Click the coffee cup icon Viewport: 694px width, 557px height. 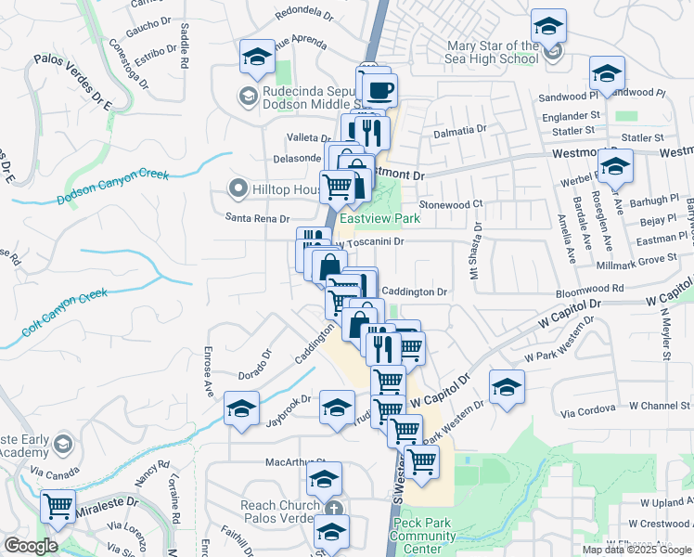(379, 91)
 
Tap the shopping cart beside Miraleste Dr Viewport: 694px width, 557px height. (58, 507)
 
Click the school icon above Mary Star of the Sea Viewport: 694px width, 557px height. (548, 25)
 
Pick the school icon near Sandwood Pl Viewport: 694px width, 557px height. (607, 73)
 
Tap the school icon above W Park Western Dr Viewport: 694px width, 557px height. (507, 387)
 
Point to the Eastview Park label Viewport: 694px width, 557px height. (379, 218)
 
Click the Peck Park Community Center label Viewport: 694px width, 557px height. (422, 536)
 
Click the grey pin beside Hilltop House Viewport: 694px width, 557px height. (238, 189)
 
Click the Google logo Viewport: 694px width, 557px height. (32, 547)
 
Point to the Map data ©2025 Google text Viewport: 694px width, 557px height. (636, 550)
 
